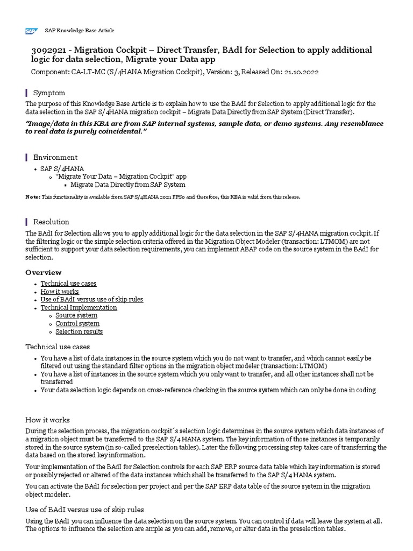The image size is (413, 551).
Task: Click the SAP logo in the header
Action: point(31,31)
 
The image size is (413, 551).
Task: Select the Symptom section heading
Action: point(49,93)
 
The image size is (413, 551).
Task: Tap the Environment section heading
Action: point(55,157)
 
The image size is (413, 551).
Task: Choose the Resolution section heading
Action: point(51,222)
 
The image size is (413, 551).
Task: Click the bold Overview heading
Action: point(44,272)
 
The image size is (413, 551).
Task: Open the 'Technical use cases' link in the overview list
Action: point(68,284)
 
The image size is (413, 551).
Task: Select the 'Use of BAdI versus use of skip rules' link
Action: point(91,300)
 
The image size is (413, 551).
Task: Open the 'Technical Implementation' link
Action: point(79,308)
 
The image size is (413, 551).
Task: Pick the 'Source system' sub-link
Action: point(76,315)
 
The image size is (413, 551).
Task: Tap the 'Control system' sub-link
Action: point(77,323)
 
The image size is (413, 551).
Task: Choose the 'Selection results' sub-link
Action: point(79,331)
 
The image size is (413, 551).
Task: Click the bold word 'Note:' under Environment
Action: point(33,197)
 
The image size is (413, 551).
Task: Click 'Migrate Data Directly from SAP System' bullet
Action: point(128,185)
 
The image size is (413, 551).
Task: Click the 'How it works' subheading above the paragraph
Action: point(47,420)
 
